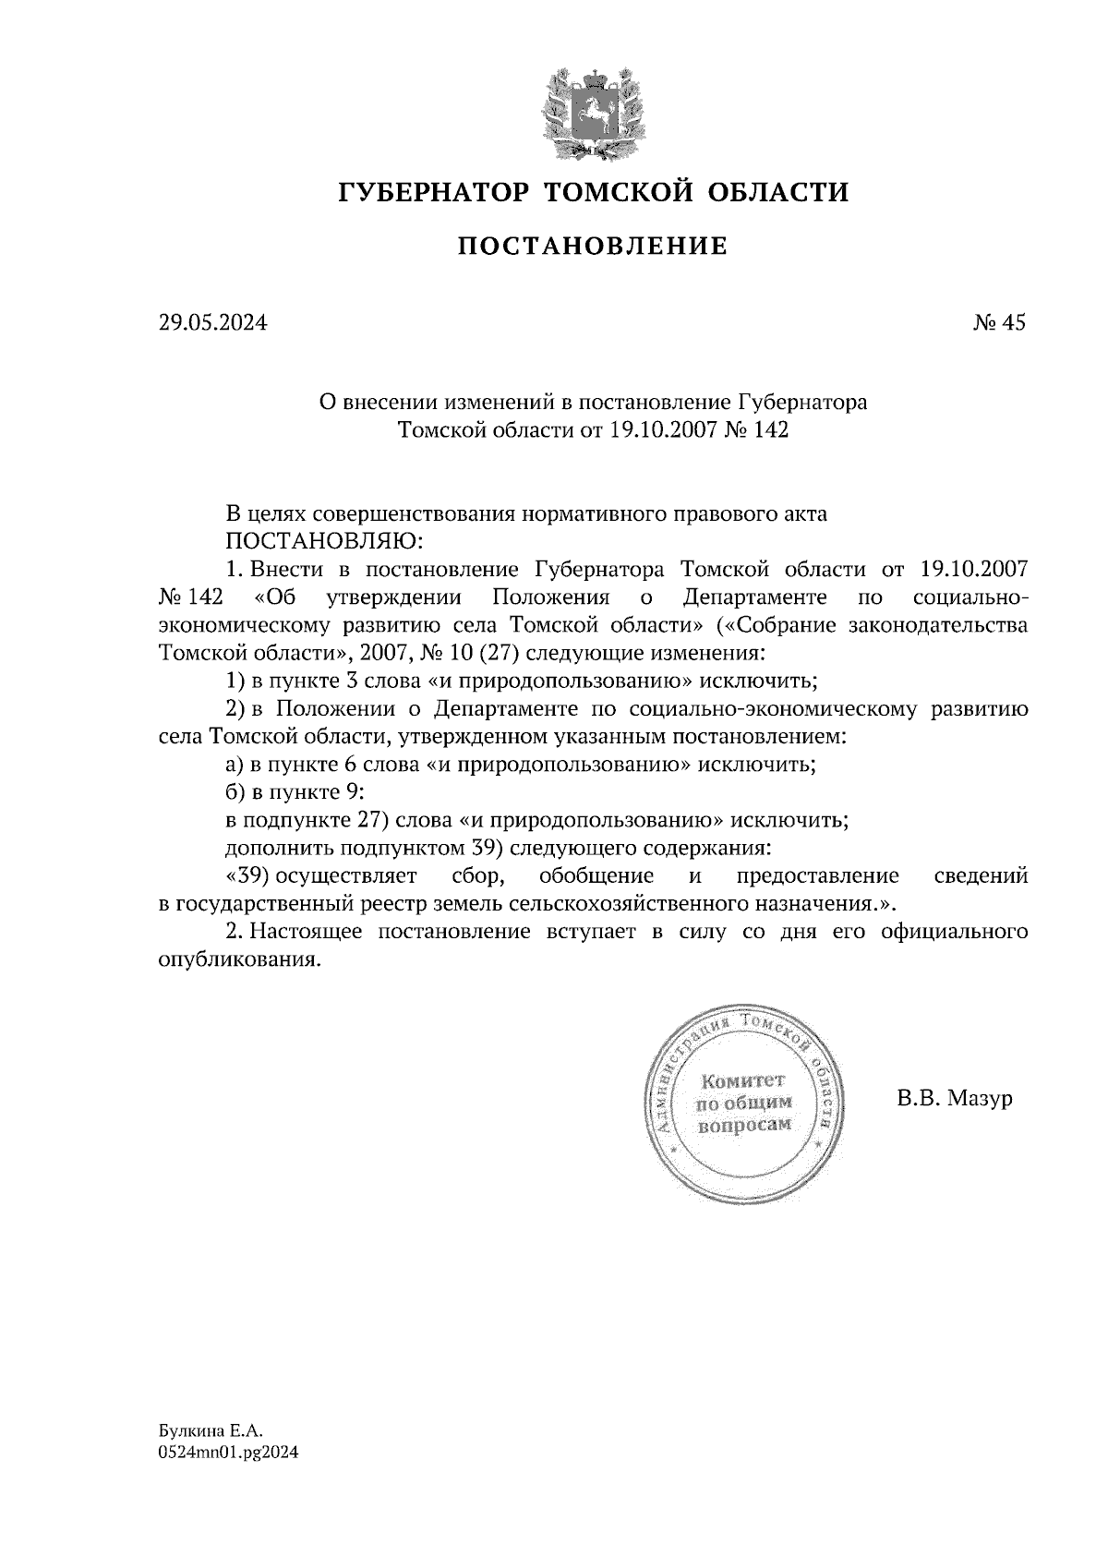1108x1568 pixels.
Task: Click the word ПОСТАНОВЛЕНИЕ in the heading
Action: coord(594,247)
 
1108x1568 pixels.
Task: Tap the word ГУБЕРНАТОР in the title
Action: coord(434,192)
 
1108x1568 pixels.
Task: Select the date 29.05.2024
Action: coord(212,323)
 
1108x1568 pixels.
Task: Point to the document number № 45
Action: coord(999,323)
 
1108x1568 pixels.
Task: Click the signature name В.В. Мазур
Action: coord(954,1099)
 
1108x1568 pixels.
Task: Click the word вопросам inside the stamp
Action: coord(744,1125)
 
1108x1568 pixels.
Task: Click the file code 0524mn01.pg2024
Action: coord(228,1452)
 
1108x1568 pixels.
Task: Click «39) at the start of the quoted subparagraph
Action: coord(247,875)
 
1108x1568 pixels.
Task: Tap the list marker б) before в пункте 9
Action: coord(235,792)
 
